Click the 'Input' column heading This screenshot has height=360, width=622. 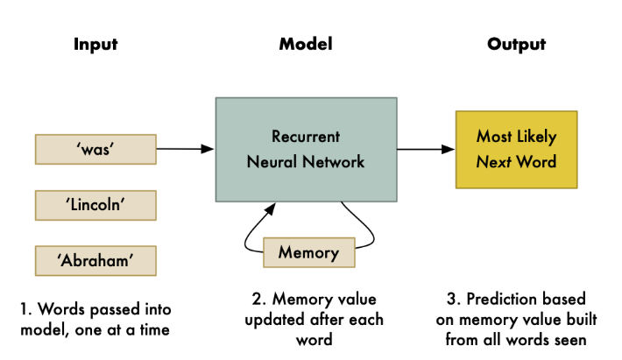tap(95, 44)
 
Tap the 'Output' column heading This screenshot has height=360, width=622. tap(517, 44)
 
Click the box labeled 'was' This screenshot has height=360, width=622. tap(95, 149)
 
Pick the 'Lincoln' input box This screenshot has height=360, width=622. tap(95, 205)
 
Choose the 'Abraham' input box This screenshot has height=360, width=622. tap(95, 260)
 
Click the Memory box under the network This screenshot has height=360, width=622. tap(308, 253)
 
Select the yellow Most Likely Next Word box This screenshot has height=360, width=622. tap(516, 149)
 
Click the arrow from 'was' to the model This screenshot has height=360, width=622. tap(185, 149)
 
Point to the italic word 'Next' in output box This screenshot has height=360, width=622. tap(493, 162)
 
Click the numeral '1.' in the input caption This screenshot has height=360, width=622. tap(25, 309)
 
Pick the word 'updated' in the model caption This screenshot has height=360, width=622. tap(270, 320)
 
